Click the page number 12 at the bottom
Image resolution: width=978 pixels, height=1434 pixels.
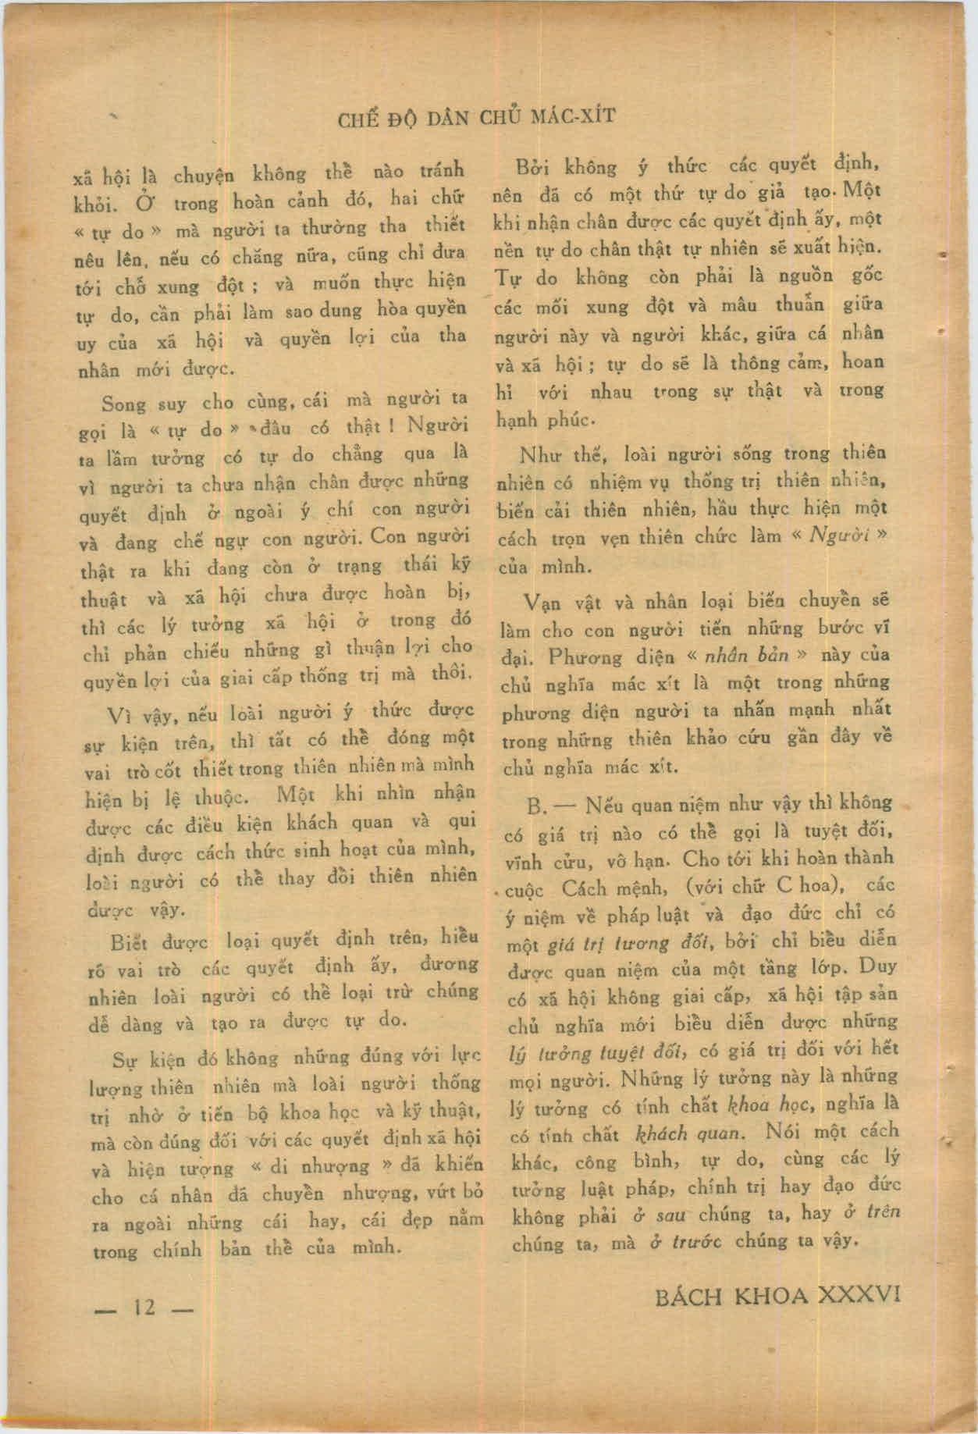145,1308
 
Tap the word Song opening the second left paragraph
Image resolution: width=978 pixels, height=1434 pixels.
123,404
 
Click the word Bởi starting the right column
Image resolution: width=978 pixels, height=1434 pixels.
533,168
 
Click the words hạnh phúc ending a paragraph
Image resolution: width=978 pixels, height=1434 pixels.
546,419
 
